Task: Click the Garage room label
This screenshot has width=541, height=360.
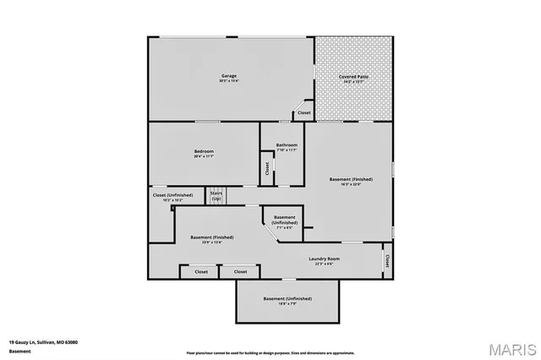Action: coord(229,76)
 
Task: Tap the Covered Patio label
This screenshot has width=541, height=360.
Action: coord(353,76)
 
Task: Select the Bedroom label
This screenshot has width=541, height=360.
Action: coord(205,151)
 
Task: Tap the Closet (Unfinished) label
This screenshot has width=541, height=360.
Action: coord(172,196)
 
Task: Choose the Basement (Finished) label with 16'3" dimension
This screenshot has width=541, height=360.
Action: coord(351,179)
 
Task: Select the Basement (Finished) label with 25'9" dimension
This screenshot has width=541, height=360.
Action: coord(211,237)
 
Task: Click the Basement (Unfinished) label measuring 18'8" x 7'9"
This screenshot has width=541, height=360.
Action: coord(287,299)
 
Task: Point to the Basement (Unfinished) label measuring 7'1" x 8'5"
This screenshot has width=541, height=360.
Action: coord(284,218)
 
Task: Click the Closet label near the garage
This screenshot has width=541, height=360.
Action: coord(303,113)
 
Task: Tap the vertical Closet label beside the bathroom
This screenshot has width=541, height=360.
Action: coord(267,168)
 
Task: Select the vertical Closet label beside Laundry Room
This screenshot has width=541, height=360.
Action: coord(387,260)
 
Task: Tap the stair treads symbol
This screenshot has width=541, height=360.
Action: coord(217,193)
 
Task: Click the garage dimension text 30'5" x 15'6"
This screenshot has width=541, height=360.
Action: coord(229,81)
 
